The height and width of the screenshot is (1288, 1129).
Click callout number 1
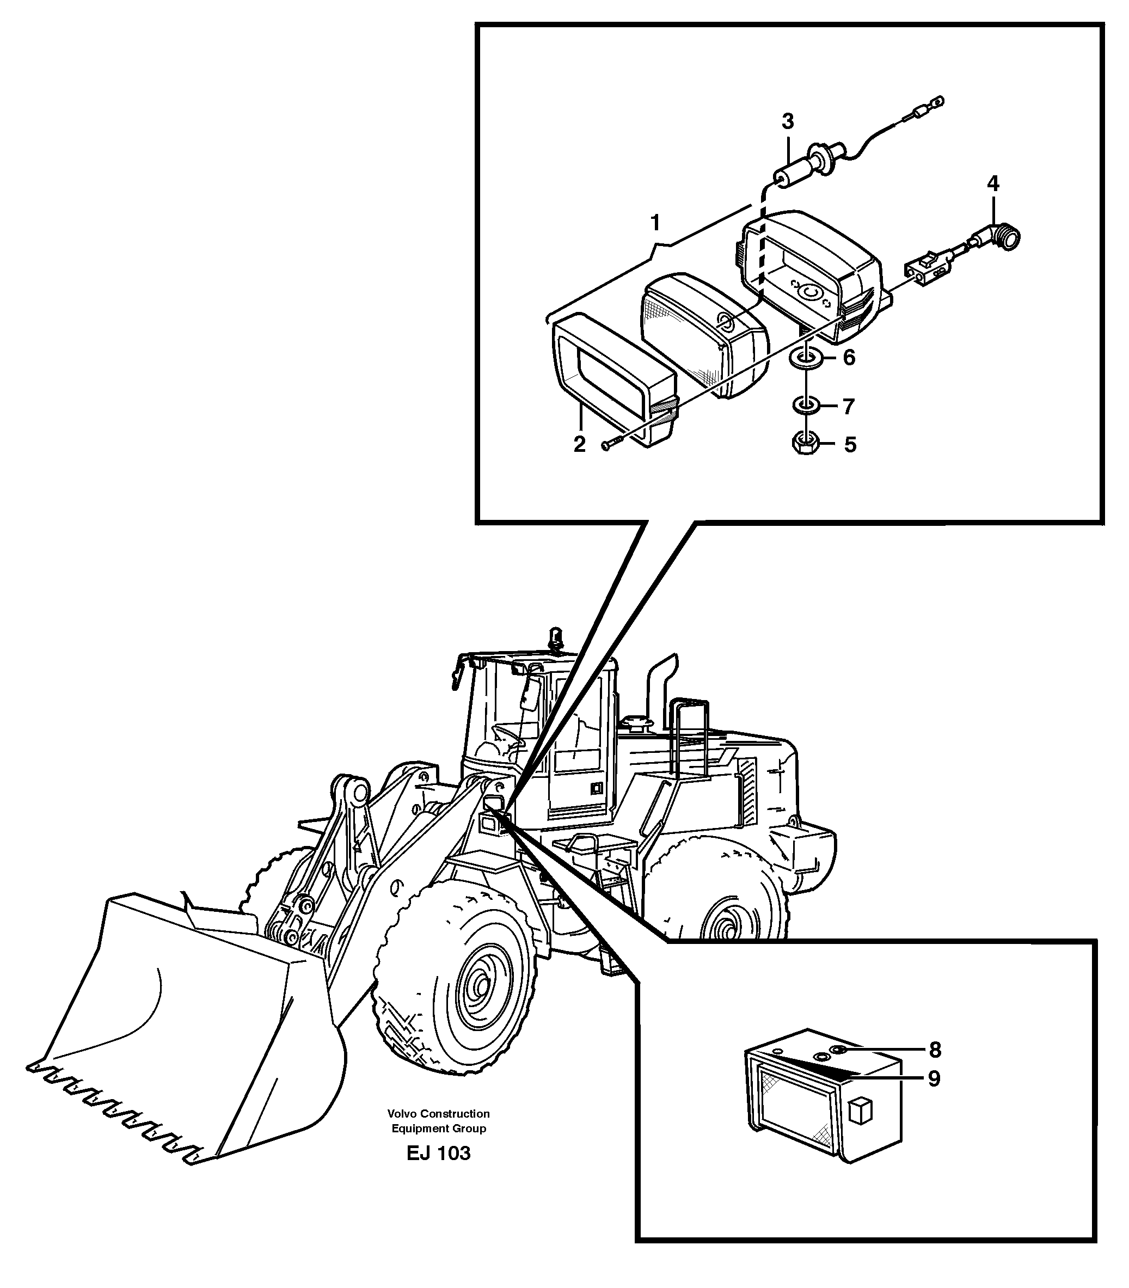click(655, 223)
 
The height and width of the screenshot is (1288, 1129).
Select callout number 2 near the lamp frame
click(580, 444)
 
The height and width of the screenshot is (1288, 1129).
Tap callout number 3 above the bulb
click(788, 121)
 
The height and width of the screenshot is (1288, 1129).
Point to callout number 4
click(993, 184)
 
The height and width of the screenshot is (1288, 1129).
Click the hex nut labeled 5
click(804, 444)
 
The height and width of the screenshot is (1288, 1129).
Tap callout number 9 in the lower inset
click(934, 1079)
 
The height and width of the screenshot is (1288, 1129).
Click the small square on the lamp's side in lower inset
click(860, 1111)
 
